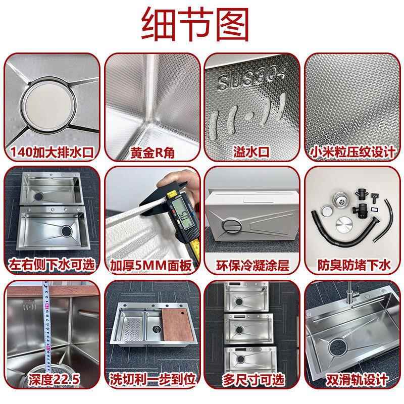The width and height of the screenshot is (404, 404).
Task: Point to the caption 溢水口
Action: (x=251, y=150)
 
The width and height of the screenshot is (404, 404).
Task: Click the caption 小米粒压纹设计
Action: (x=351, y=150)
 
